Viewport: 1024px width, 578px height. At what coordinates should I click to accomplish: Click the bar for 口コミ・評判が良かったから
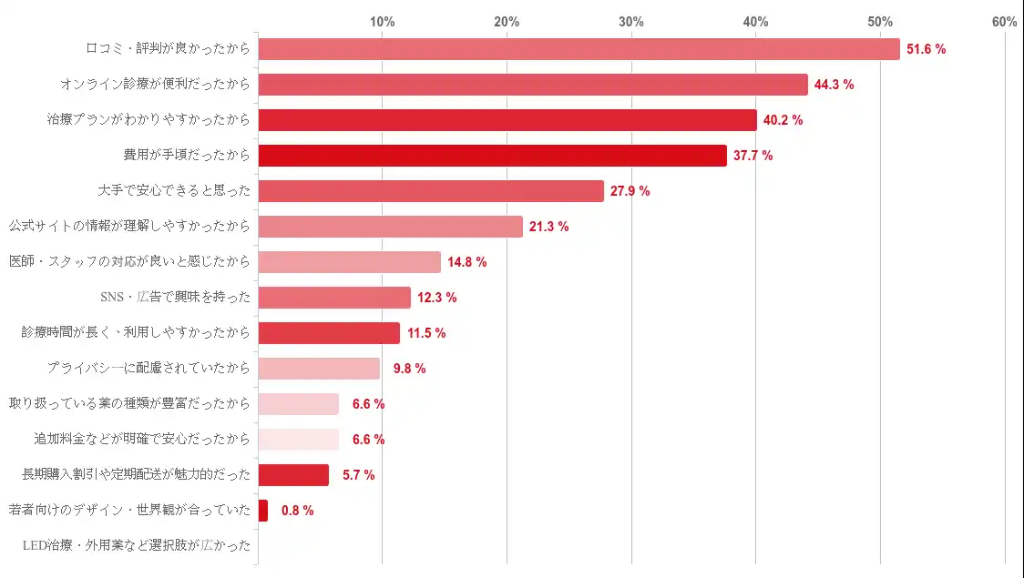click(579, 49)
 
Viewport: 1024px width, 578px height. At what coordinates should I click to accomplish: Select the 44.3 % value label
click(834, 85)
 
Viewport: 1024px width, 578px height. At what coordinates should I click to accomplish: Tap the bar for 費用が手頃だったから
click(492, 156)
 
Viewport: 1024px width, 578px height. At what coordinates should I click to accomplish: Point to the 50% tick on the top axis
click(880, 22)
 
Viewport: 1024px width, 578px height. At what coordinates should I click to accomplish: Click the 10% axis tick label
click(382, 22)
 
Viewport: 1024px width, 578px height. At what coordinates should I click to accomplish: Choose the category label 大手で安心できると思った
click(174, 191)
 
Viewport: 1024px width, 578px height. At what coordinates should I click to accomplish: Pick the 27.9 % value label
click(630, 191)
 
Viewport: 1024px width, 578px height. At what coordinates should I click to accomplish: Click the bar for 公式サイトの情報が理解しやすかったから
click(390, 227)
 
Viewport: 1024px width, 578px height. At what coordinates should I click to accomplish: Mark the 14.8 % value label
click(466, 262)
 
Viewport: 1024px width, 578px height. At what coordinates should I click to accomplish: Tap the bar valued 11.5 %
click(329, 333)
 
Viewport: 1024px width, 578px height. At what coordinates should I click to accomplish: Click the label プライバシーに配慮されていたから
click(148, 369)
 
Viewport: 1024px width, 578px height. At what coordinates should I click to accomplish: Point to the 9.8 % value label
click(409, 369)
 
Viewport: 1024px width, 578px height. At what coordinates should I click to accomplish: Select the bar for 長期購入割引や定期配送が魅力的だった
click(293, 475)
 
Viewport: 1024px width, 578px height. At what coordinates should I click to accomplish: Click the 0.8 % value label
click(297, 511)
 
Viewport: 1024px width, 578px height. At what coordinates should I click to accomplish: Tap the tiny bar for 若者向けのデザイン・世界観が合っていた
click(263, 511)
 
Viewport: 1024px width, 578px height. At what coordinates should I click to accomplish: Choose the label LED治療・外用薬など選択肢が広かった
click(136, 546)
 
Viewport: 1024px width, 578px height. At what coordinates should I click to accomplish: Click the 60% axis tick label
click(1004, 22)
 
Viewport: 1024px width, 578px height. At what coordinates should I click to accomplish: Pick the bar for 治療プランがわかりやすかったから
click(507, 120)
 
